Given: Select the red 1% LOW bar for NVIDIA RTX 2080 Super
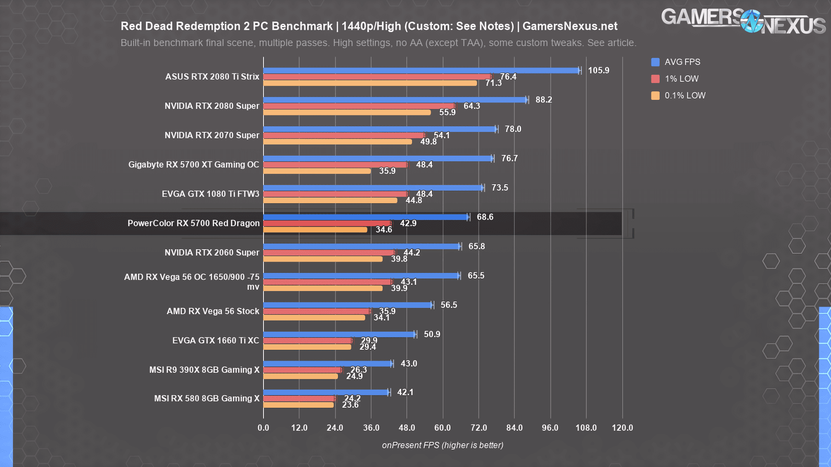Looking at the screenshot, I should coord(359,106).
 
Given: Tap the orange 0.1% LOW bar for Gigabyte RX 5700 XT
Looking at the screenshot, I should coord(317,171).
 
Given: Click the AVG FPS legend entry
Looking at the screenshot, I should coord(676,62).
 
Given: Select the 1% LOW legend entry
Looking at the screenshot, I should coord(675,79).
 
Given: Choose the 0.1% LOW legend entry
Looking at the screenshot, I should coord(678,96).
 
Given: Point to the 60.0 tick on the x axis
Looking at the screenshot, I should coord(442,428).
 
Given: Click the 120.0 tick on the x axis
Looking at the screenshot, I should coord(622,428).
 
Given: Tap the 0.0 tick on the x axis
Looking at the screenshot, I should coord(263,428).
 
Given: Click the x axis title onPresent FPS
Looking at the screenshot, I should coord(442,445).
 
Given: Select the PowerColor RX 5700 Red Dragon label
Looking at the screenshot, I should coord(193,224).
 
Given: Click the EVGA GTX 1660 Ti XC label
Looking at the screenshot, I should coord(216,341).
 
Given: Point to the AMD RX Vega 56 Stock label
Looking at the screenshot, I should coord(213,311).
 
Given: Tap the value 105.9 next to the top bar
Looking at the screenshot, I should coord(599,70).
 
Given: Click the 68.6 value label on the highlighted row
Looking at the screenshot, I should coord(485,217).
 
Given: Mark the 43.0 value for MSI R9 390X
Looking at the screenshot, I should coord(409,364).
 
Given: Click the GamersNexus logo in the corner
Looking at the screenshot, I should coord(743,21).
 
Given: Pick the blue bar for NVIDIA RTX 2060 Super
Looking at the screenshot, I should coord(362,246).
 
